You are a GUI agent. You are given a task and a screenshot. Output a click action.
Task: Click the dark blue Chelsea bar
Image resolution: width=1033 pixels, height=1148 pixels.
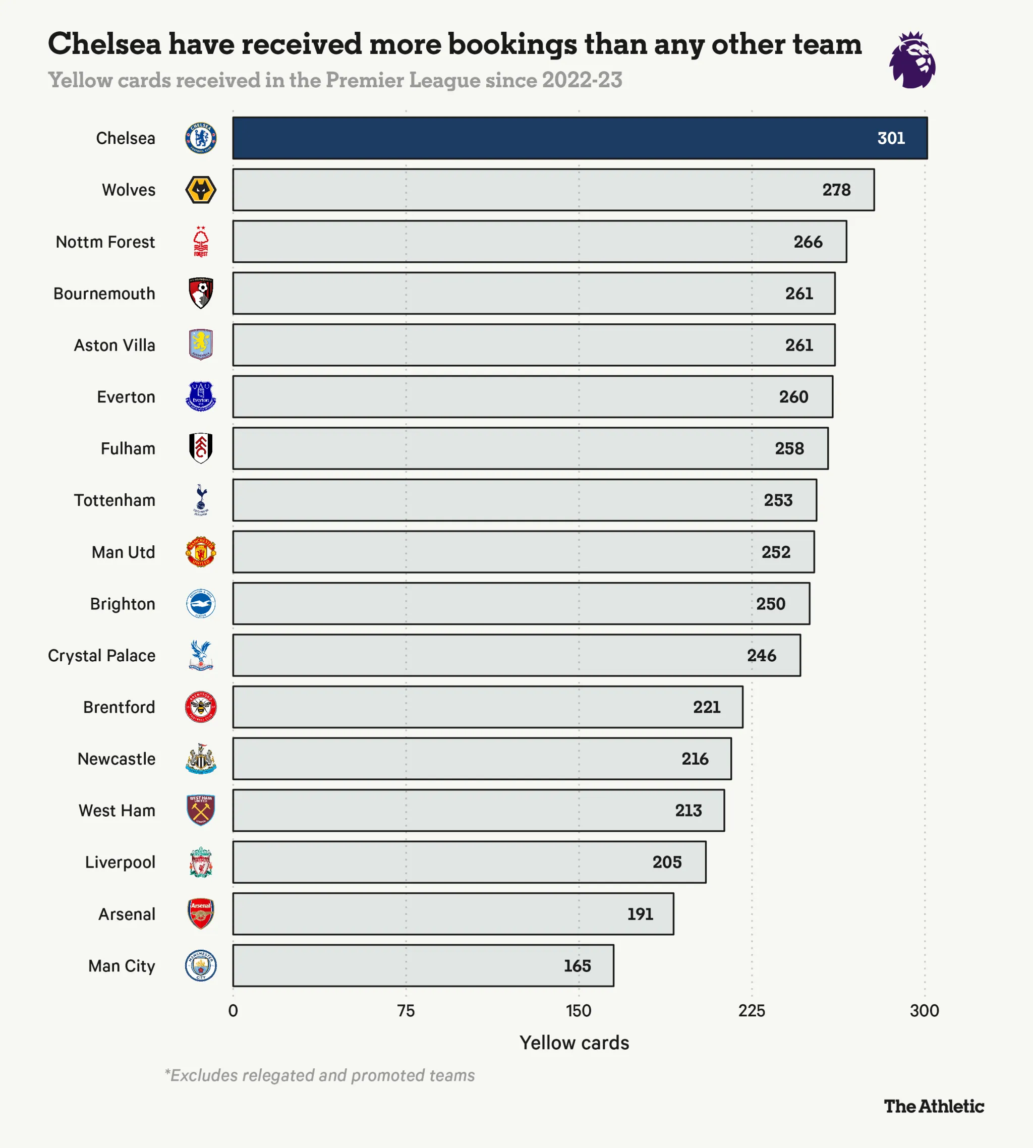(579, 138)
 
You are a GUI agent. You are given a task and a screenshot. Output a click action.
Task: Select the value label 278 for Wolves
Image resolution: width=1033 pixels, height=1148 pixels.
(836, 190)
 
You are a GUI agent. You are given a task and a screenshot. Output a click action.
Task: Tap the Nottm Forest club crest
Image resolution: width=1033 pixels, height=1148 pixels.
(201, 242)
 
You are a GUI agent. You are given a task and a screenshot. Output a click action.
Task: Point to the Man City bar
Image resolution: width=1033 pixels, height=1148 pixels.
(423, 965)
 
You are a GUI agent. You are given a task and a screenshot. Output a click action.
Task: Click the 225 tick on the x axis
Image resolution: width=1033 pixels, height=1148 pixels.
(752, 1011)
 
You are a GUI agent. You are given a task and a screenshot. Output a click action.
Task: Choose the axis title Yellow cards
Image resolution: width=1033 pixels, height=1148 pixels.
(574, 1043)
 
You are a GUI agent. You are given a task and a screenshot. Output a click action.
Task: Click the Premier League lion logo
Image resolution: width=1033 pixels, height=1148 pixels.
(912, 60)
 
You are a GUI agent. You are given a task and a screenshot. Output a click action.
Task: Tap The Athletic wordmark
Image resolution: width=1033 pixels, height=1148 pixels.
(934, 1106)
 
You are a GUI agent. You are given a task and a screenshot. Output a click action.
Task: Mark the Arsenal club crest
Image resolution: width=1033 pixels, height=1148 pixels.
(201, 913)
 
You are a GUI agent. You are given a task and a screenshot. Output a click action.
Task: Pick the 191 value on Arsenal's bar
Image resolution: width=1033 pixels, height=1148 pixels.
(640, 913)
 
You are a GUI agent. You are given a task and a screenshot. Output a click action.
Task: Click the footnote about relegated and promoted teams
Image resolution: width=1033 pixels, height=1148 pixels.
(320, 1075)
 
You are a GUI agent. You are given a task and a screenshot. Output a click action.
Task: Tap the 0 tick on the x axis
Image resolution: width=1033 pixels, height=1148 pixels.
(233, 1011)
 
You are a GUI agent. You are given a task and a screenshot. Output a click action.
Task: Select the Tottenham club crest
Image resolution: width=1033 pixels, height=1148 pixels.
(201, 500)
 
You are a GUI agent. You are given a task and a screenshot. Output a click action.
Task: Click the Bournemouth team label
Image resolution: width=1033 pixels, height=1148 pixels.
(104, 294)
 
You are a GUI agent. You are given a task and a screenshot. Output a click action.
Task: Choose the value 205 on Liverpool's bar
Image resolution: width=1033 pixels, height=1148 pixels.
(666, 862)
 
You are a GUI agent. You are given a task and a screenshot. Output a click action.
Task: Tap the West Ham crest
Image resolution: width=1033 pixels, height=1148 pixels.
(201, 811)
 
